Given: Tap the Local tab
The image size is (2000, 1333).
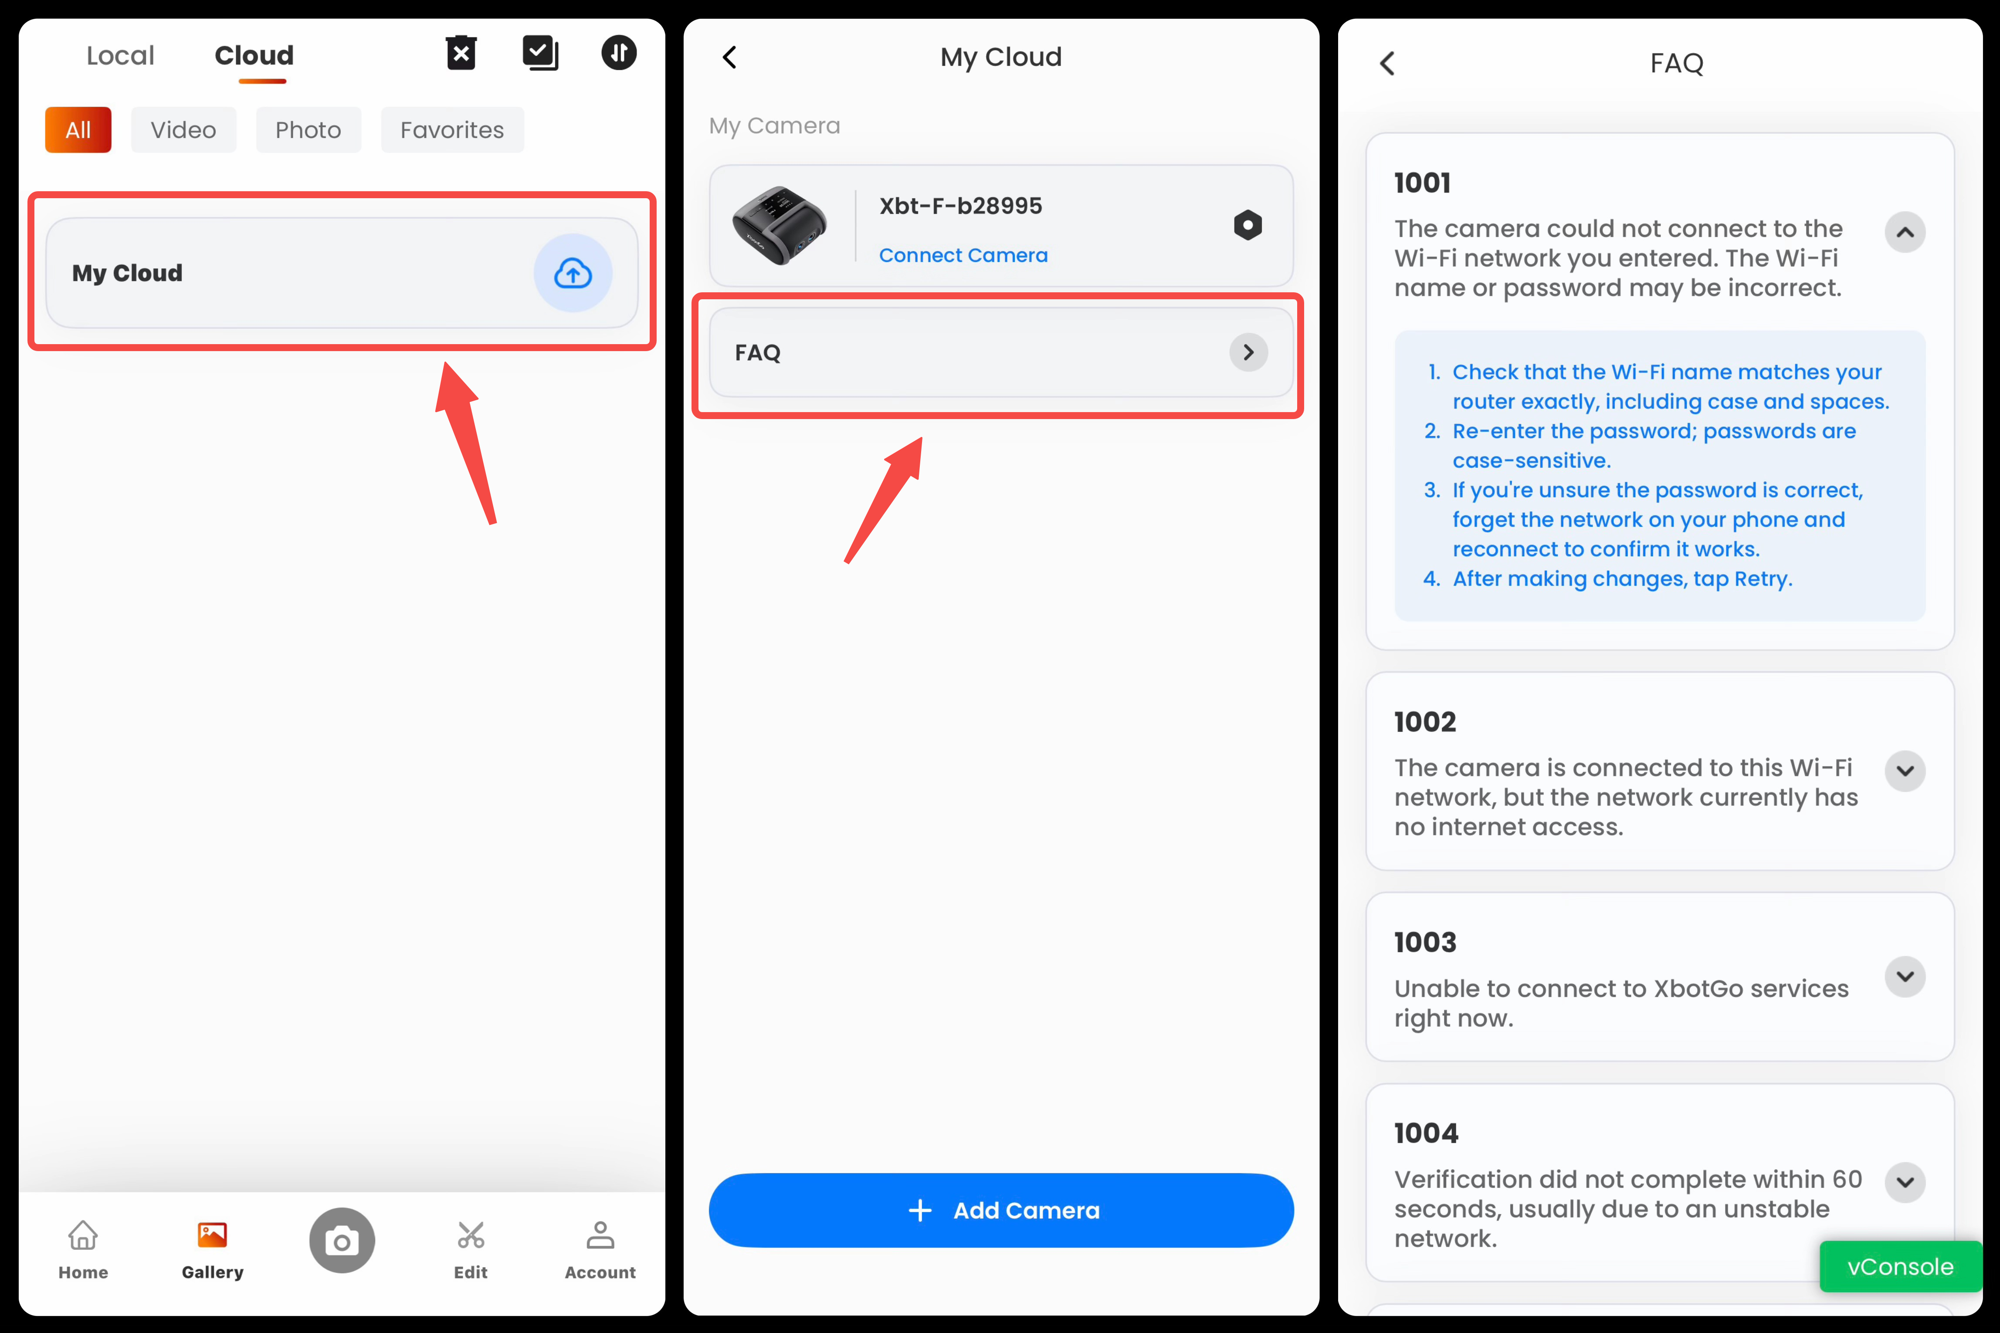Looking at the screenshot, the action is tap(120, 56).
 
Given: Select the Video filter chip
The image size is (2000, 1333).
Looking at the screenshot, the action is tap(184, 130).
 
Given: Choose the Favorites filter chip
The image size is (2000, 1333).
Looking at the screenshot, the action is tap(452, 130).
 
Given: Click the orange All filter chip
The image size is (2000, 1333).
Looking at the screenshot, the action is tap(78, 130).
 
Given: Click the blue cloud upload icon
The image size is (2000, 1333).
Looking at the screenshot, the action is tap(573, 273).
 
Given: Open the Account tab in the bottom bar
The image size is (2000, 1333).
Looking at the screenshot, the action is tap(600, 1250).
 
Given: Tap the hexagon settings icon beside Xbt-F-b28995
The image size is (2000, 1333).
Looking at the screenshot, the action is tap(1247, 225).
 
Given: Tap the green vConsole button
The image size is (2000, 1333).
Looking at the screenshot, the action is tap(1901, 1267).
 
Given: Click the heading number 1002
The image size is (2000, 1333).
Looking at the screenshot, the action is tap(1425, 722).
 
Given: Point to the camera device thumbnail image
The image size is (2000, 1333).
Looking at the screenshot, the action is tap(780, 225).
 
